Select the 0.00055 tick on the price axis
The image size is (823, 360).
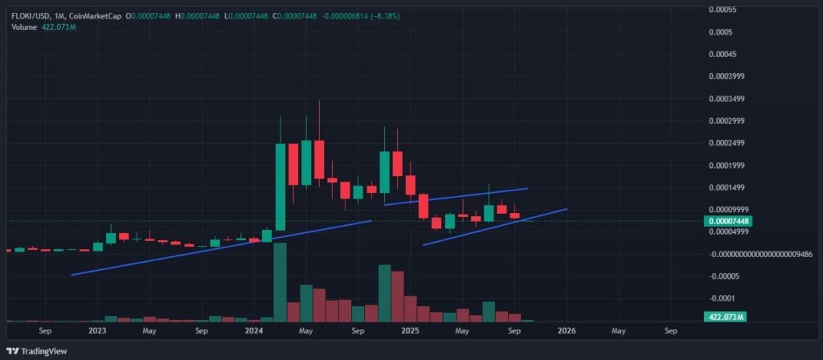coord(723,10)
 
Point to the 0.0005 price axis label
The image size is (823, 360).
coord(720,32)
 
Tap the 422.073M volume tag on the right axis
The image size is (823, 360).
coord(724,317)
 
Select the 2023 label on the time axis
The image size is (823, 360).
coord(97,330)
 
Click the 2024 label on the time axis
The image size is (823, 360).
coord(254,330)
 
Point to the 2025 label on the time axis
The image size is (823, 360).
coord(410,330)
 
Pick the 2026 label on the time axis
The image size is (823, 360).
coord(567,330)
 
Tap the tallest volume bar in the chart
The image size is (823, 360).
coord(280,281)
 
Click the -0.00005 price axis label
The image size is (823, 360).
coord(723,276)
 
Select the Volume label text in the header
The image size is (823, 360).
coord(25,27)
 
